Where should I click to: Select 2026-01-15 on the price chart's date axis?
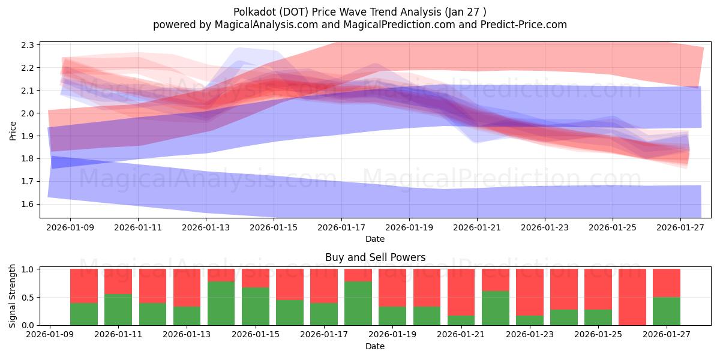point(274,227)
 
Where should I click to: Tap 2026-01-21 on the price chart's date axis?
point(478,227)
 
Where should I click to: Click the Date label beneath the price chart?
point(375,239)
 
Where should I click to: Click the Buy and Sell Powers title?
point(375,257)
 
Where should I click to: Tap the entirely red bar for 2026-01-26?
point(632,297)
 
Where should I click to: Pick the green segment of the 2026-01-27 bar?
point(667,311)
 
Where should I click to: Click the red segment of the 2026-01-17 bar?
point(324,286)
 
